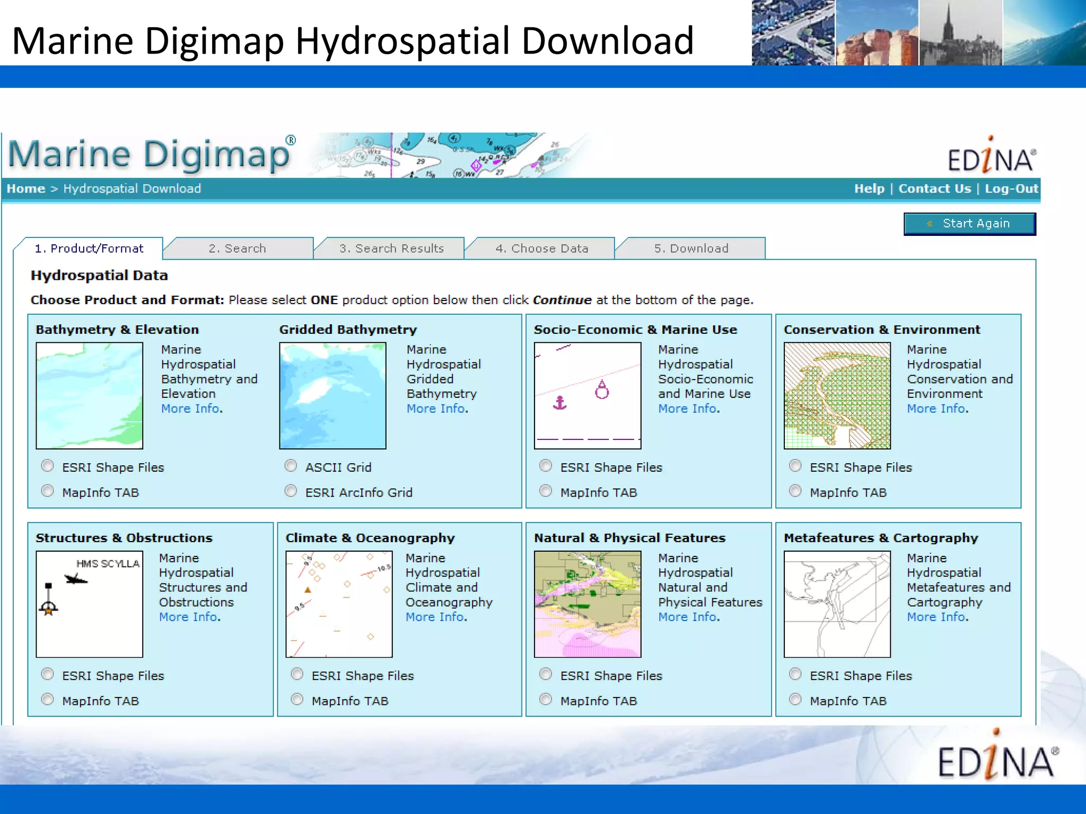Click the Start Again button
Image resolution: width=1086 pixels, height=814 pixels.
[x=969, y=224]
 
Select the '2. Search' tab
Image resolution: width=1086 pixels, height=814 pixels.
[x=237, y=249]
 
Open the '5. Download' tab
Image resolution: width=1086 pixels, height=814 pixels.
[x=691, y=249]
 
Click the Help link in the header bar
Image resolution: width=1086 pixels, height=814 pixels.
[x=869, y=189]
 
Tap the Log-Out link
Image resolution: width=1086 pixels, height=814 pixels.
[x=1011, y=189]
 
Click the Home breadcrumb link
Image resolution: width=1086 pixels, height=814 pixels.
[x=25, y=189]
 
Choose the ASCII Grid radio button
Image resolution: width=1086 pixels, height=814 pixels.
[x=291, y=466]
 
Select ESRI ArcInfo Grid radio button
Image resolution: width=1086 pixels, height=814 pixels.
[x=291, y=491]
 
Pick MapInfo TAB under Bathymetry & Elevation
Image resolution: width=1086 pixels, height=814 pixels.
[x=48, y=491]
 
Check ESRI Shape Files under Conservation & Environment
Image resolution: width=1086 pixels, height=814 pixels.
[x=795, y=466]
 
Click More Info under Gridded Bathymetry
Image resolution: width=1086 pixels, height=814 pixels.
[x=436, y=409]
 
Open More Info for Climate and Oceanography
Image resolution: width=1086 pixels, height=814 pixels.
[x=435, y=617]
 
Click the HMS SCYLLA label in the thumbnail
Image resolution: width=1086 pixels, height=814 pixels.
[x=108, y=564]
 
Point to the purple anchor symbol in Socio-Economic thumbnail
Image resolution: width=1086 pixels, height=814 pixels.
[x=560, y=403]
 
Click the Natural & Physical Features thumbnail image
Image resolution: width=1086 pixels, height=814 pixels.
[x=588, y=604]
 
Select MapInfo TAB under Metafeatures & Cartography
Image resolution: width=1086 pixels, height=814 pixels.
[x=795, y=700]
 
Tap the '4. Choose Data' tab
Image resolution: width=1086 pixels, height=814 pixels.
[x=541, y=249]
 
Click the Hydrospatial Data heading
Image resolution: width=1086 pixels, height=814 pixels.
[x=99, y=276]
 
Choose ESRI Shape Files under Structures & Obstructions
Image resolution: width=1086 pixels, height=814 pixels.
[x=48, y=674]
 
